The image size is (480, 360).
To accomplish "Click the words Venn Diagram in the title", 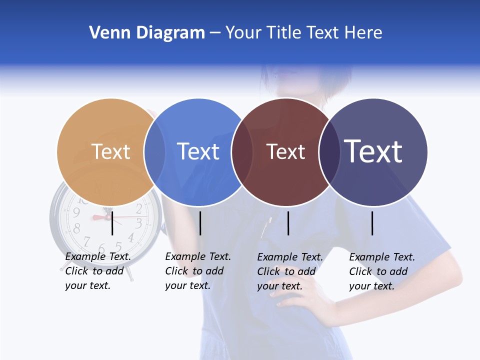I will coord(147,33).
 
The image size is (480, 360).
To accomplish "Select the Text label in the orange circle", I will coord(111,151).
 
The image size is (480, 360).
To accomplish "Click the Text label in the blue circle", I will coord(198,151).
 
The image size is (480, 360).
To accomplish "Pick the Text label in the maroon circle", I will coord(285,152).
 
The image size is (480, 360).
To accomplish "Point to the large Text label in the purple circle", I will coord(373,151).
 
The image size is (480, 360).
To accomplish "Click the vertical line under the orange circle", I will coord(112,223).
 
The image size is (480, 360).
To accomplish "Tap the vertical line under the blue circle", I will coord(200,223).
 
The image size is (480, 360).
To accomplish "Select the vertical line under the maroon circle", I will coord(288,223).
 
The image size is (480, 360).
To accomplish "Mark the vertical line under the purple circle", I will coord(372,223).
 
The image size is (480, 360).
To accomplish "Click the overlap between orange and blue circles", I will coord(154,152).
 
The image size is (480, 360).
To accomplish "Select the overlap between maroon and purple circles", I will coord(329,152).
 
